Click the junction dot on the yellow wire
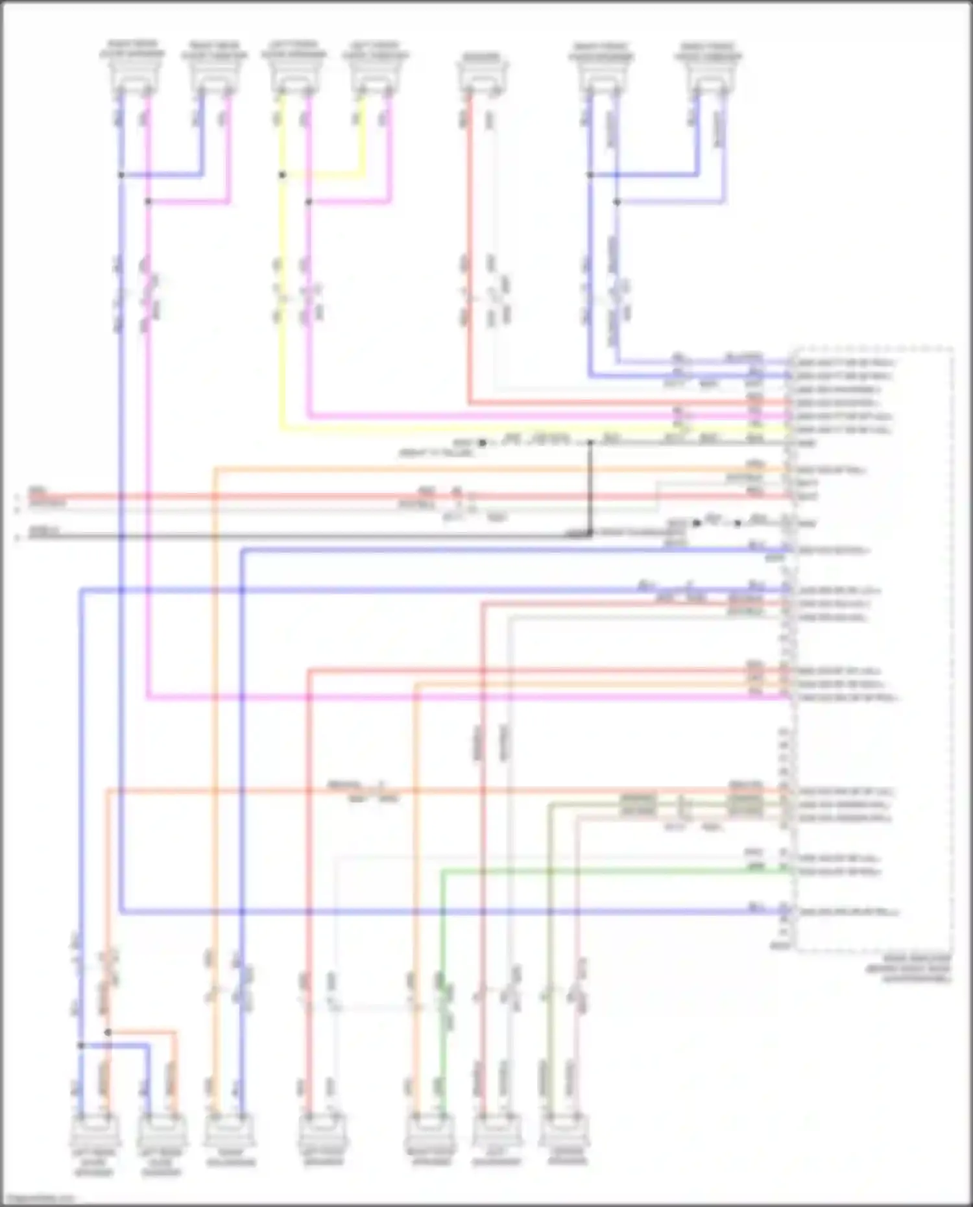[x=282, y=175]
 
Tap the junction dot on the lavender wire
[x=617, y=202]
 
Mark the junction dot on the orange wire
[x=108, y=1032]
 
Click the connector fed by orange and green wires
[x=429, y=1131]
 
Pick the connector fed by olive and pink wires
[x=562, y=1131]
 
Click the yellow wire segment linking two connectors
[x=324, y=175]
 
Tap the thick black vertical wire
[x=590, y=486]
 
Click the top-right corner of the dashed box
[x=952, y=349]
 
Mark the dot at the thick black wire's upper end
[x=590, y=443]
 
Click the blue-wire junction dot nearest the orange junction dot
[x=80, y=1046]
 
